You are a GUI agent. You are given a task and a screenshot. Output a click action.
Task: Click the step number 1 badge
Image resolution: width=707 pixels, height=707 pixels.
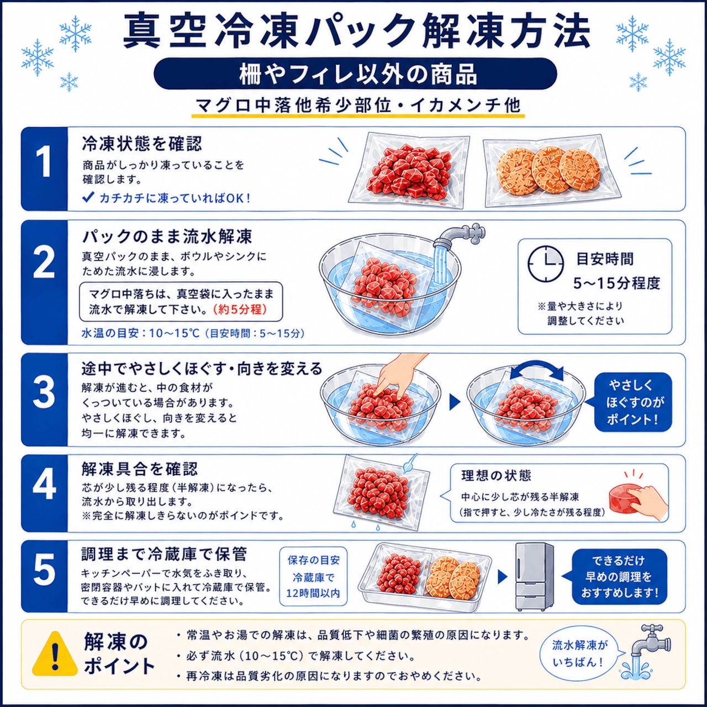[44, 169]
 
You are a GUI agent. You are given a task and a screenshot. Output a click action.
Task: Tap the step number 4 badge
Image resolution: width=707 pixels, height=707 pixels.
[44, 493]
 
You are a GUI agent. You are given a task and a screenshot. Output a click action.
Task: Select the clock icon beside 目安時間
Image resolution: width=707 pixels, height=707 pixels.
[546, 264]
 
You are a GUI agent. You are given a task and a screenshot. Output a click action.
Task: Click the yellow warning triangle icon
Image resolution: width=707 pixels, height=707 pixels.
[55, 654]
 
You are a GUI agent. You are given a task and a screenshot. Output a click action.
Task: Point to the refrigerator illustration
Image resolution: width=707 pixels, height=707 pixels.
[535, 577]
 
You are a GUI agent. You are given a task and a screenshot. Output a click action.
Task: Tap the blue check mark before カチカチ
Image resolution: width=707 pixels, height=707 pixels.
[88, 197]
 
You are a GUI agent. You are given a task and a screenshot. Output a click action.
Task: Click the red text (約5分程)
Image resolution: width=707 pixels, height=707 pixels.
[240, 309]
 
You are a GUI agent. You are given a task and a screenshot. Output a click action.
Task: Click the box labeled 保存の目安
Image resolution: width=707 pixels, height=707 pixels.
[313, 577]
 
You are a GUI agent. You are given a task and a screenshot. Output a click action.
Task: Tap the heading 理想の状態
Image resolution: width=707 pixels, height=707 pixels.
[496, 476]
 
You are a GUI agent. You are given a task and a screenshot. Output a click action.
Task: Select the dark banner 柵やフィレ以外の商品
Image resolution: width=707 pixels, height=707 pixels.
[355, 74]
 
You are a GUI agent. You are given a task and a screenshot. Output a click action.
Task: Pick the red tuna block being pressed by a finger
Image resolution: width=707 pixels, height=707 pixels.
[624, 498]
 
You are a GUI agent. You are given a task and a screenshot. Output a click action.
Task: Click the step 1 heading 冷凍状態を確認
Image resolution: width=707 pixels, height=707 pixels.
[141, 144]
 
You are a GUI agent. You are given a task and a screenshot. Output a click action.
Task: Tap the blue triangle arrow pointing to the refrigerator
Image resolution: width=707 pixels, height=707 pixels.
[502, 577]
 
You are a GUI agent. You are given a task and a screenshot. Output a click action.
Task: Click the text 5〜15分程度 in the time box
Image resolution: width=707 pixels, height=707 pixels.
[616, 283]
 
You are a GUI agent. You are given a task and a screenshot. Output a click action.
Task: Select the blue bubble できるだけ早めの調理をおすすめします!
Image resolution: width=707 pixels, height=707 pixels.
[619, 577]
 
